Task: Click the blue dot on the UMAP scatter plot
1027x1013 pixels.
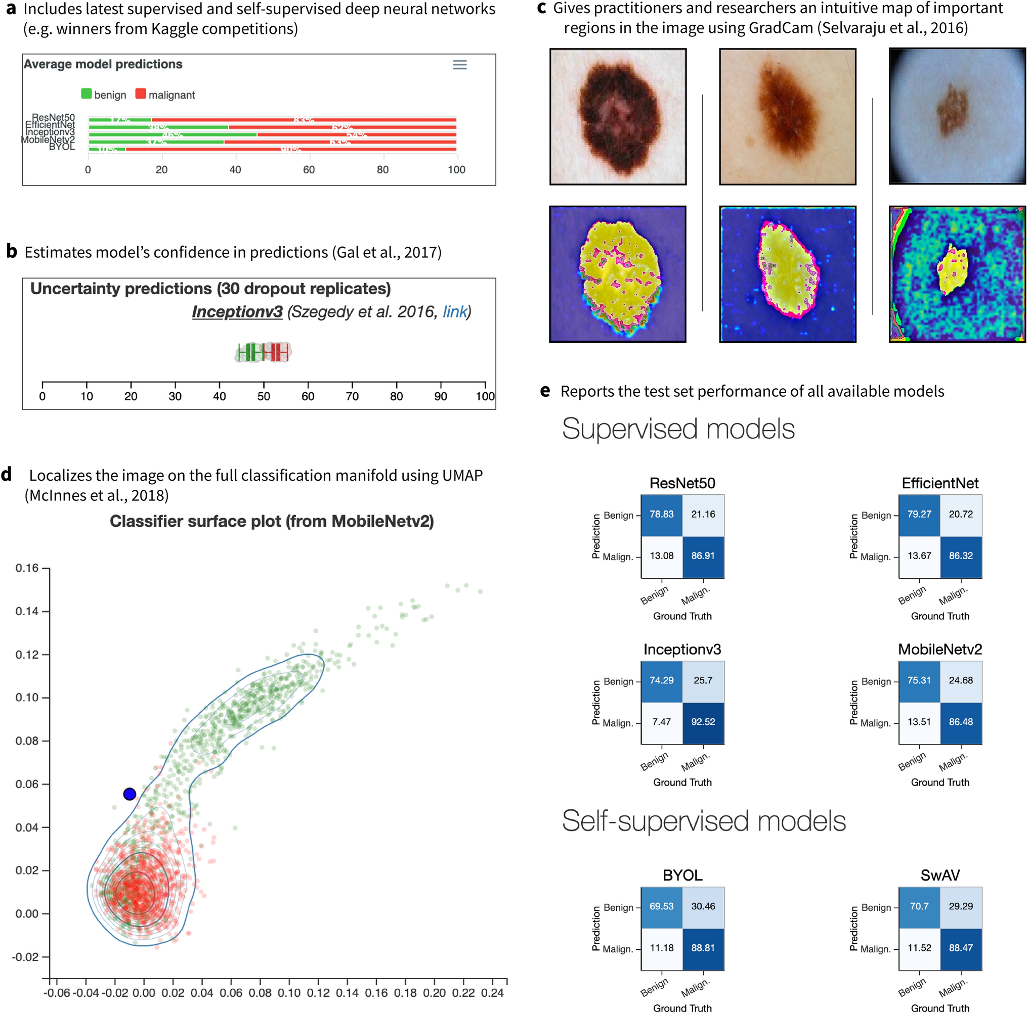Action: click(x=129, y=794)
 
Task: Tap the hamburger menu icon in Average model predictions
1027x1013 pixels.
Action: click(x=459, y=65)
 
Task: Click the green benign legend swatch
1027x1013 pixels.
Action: click(x=86, y=94)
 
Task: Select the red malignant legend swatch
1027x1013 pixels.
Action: click(x=140, y=94)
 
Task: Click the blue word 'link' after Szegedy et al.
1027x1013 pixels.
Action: click(x=454, y=312)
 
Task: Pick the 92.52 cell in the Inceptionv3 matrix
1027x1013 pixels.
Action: click(x=703, y=722)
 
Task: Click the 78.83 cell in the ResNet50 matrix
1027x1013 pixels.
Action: click(x=661, y=514)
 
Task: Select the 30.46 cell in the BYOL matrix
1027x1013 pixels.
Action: click(x=703, y=906)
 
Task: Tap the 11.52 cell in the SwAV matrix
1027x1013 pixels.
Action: click(x=919, y=948)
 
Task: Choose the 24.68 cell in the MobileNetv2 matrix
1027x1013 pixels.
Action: click(x=961, y=680)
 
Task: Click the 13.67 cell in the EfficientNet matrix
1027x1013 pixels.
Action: click(x=919, y=556)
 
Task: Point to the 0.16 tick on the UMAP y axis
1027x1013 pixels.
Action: click(x=27, y=568)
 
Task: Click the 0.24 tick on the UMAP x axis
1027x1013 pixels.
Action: click(x=492, y=993)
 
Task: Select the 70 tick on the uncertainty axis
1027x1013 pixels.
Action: click(x=352, y=396)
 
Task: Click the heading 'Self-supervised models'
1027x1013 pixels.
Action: click(x=703, y=821)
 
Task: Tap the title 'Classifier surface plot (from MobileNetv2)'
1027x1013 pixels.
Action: click(x=272, y=521)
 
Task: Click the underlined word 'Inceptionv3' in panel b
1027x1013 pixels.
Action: click(x=237, y=312)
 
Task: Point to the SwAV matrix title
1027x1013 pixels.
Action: click(x=940, y=875)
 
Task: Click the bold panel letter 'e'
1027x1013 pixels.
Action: click(x=545, y=391)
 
